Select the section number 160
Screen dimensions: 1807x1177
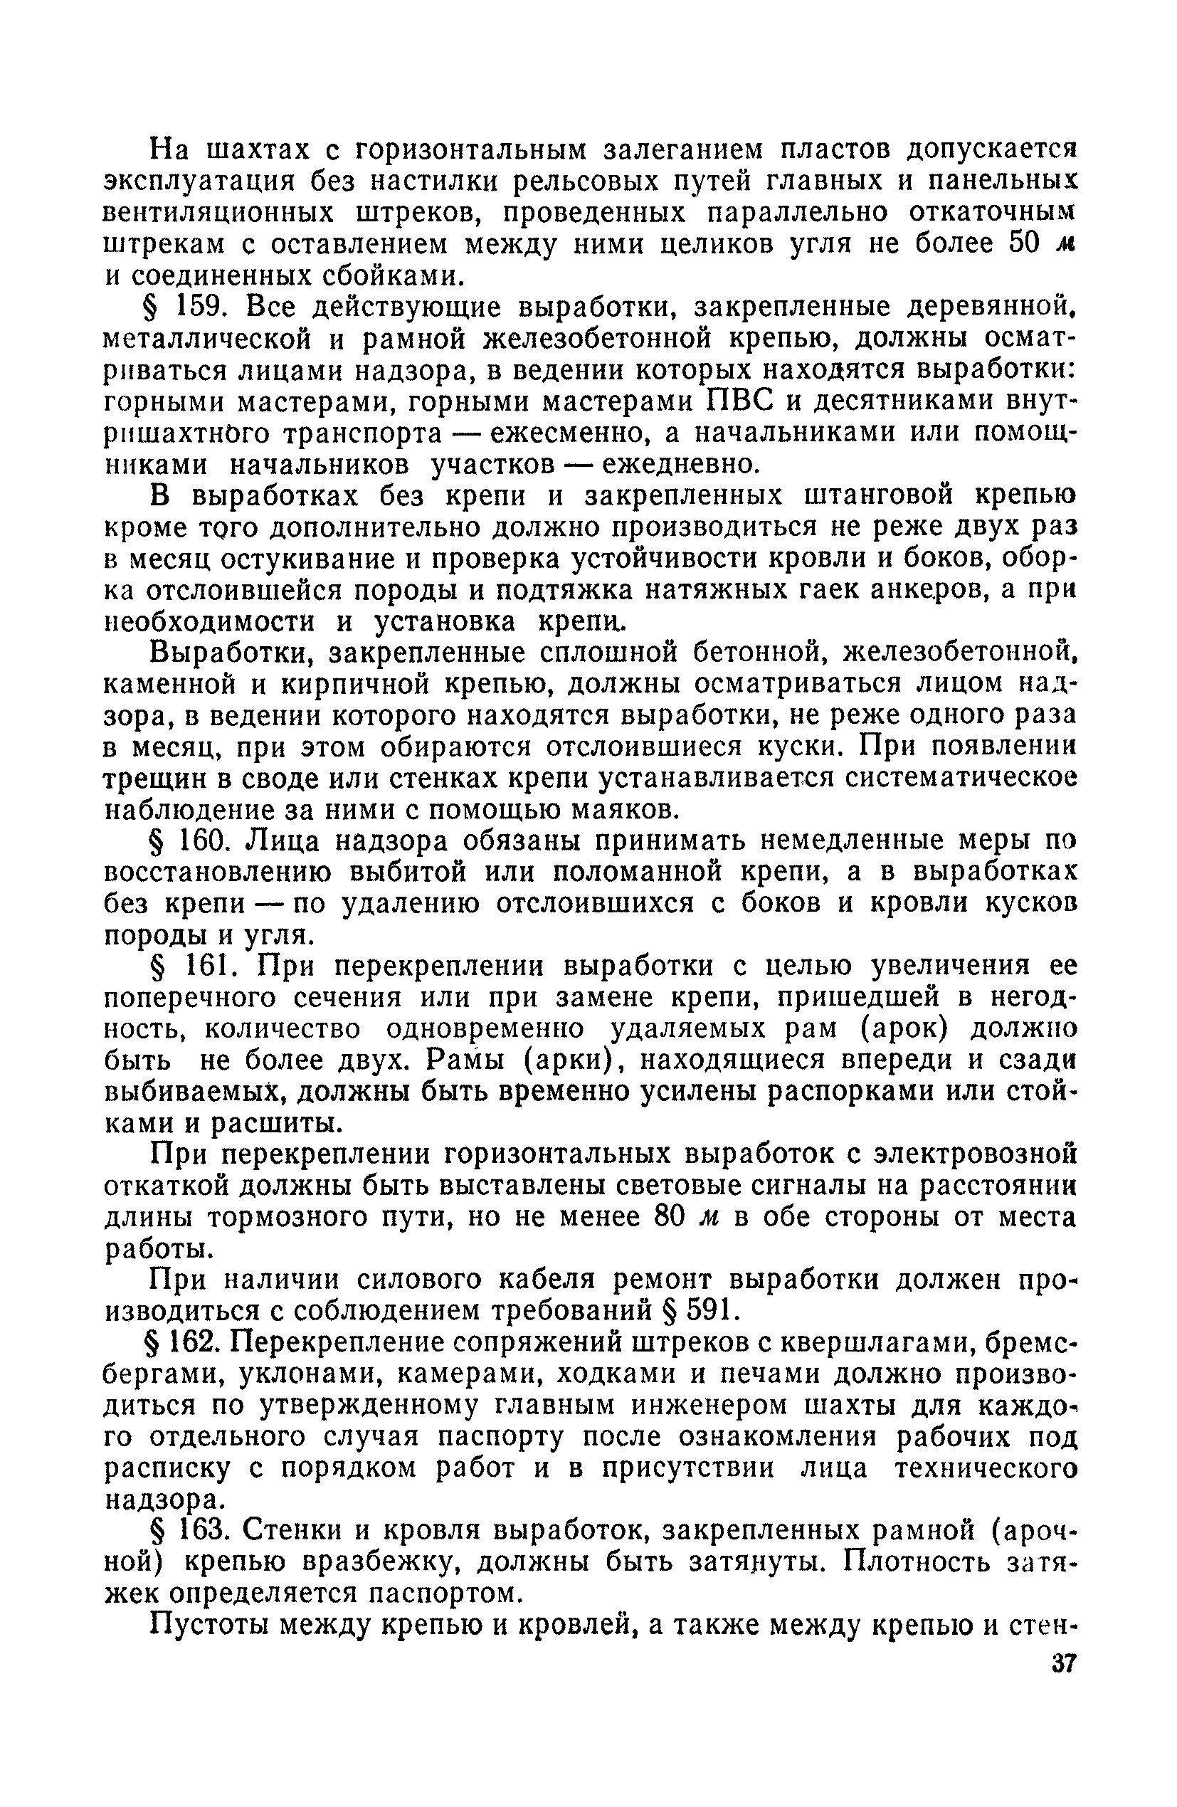(x=201, y=841)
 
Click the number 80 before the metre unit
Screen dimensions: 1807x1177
(x=670, y=1216)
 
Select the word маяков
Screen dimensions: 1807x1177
(x=621, y=809)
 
